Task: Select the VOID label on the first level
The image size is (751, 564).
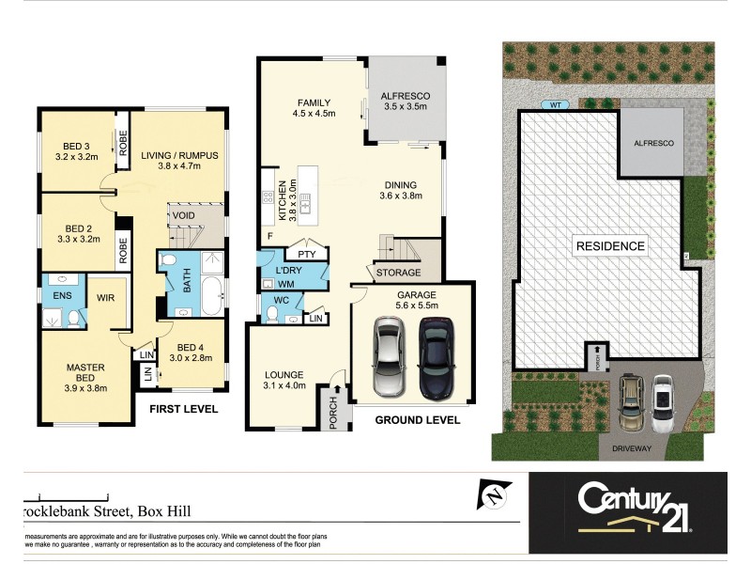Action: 182,215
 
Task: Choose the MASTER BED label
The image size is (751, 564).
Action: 84,373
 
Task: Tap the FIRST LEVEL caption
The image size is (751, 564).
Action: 183,409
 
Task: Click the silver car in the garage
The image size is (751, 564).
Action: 390,357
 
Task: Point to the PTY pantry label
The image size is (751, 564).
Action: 305,254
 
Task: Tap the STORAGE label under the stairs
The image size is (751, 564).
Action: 397,274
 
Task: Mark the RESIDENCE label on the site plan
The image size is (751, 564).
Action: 610,246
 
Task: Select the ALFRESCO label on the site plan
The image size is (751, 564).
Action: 650,143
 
